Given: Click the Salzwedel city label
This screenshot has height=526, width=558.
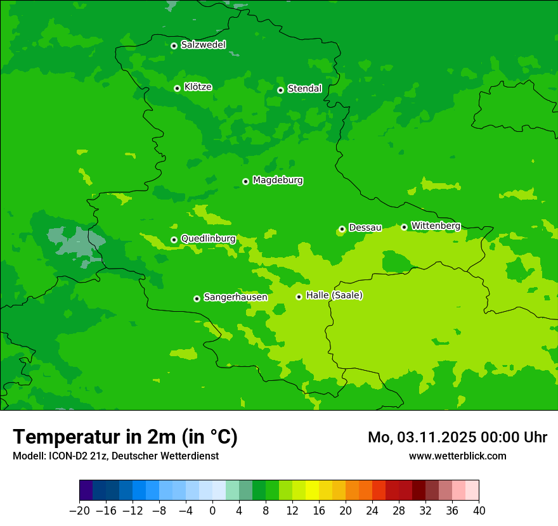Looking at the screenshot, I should coord(203,45).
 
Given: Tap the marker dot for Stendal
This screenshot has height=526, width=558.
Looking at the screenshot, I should coord(280,90).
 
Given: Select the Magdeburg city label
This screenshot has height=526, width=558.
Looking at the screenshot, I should coord(278,181).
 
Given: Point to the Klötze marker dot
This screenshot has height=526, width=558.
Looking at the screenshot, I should coord(177,88).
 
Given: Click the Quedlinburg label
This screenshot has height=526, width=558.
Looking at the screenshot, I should coord(208,239).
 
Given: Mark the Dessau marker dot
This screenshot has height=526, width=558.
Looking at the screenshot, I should coord(342,229).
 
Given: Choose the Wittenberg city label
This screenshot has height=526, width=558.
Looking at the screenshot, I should coord(436,226).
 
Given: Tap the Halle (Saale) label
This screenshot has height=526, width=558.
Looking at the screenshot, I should coord(334,295).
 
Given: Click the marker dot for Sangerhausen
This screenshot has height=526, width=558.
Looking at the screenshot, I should coord(197,298).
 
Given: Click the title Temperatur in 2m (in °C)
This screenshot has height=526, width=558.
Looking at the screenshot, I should coord(125,437).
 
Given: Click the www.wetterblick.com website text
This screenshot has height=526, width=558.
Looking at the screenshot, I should coord(457,456).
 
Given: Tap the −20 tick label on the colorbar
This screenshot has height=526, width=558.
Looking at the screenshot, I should coord(79,511).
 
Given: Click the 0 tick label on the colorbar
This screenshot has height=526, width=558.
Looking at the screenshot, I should coord(212,511).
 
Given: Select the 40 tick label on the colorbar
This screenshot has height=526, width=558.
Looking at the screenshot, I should coord(479,511).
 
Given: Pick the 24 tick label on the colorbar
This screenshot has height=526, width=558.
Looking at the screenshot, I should coord(372,511).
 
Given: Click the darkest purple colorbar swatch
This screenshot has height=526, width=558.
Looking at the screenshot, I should coord(86,491).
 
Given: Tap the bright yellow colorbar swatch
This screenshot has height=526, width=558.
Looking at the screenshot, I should coord(313,491).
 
